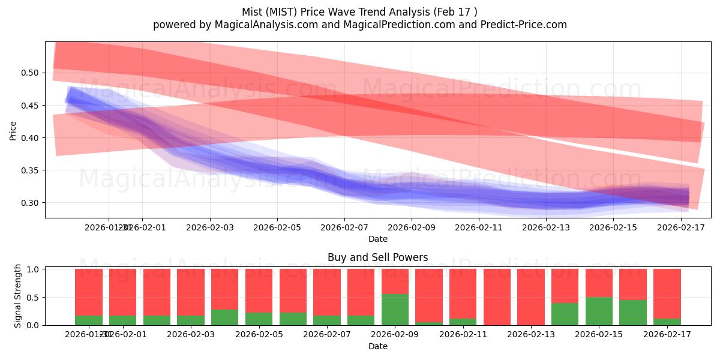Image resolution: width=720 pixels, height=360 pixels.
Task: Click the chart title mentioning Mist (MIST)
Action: coord(359,12)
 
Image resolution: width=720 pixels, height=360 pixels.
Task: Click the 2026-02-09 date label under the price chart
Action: coord(411,227)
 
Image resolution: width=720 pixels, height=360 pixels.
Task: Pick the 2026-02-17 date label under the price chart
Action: coord(680,227)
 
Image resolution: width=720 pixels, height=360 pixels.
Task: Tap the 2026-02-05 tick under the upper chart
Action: coord(277,227)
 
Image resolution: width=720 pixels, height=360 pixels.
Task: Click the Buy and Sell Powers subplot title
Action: coord(377,257)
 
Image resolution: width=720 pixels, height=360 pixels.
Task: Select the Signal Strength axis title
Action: coord(18,296)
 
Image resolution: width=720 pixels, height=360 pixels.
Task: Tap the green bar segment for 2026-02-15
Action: coord(599,311)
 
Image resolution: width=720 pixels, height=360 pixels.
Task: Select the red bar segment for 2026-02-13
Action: coord(531,296)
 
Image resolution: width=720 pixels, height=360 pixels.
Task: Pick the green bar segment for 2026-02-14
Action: coord(565,314)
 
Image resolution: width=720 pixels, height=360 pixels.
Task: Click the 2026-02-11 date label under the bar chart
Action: coord(463,335)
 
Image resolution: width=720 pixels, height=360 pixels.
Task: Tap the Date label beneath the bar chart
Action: coord(377,346)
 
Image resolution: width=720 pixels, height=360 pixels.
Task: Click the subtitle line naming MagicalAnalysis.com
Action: coord(359,25)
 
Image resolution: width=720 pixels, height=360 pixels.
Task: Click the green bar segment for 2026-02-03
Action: coord(191,320)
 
